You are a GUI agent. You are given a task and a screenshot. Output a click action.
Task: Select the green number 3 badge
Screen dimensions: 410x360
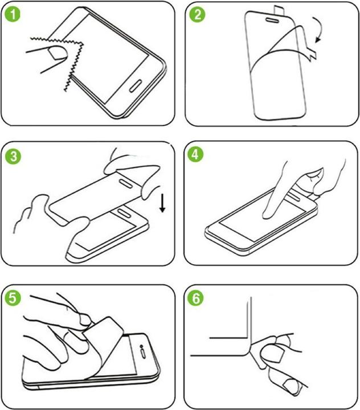coord(13,155)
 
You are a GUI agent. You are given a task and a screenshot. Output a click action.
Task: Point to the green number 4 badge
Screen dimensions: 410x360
coord(198,155)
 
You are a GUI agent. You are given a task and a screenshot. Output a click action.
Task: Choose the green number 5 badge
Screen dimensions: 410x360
coord(13,297)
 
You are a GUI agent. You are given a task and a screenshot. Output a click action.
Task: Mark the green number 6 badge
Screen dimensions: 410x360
coord(198,297)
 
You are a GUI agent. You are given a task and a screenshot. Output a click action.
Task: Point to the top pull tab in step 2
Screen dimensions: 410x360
coord(281,10)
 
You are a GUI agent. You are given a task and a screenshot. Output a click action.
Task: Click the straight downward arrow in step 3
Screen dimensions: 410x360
coord(162,202)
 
